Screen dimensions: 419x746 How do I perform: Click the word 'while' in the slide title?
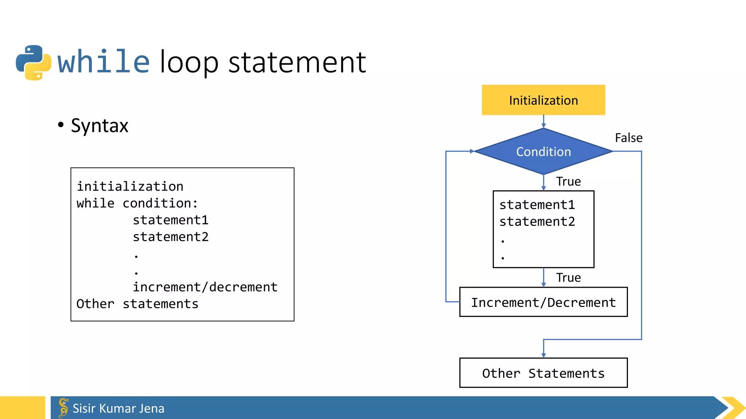pyautogui.click(x=103, y=62)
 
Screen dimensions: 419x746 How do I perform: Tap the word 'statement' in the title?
pyautogui.click(x=297, y=63)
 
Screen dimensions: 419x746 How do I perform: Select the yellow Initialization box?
pyautogui.click(x=543, y=100)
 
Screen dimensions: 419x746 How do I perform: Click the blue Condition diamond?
pyautogui.click(x=543, y=152)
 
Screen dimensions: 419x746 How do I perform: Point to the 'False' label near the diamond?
pyautogui.click(x=628, y=138)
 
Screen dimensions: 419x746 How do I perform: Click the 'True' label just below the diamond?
pyautogui.click(x=568, y=181)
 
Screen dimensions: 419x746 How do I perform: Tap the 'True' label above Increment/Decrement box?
pyautogui.click(x=568, y=278)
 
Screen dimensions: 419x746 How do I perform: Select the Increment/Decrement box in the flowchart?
pyautogui.click(x=543, y=302)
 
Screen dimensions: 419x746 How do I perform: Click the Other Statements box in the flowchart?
pyautogui.click(x=543, y=373)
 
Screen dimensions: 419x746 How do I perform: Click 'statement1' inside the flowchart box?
pyautogui.click(x=537, y=205)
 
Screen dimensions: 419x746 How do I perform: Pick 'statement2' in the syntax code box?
pyautogui.click(x=170, y=237)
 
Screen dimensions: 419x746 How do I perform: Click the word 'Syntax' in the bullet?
pyautogui.click(x=99, y=126)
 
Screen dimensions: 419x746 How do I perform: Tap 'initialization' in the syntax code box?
pyautogui.click(x=130, y=187)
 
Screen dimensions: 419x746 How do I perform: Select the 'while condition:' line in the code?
pyautogui.click(x=137, y=203)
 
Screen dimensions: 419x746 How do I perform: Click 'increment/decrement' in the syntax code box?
pyautogui.click(x=205, y=287)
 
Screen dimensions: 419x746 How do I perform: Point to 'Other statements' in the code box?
pyautogui.click(x=137, y=304)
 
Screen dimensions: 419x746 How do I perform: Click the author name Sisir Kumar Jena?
pyautogui.click(x=118, y=408)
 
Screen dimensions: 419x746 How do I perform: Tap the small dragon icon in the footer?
pyautogui.click(x=63, y=407)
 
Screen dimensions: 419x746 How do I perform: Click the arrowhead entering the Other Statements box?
pyautogui.click(x=543, y=355)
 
